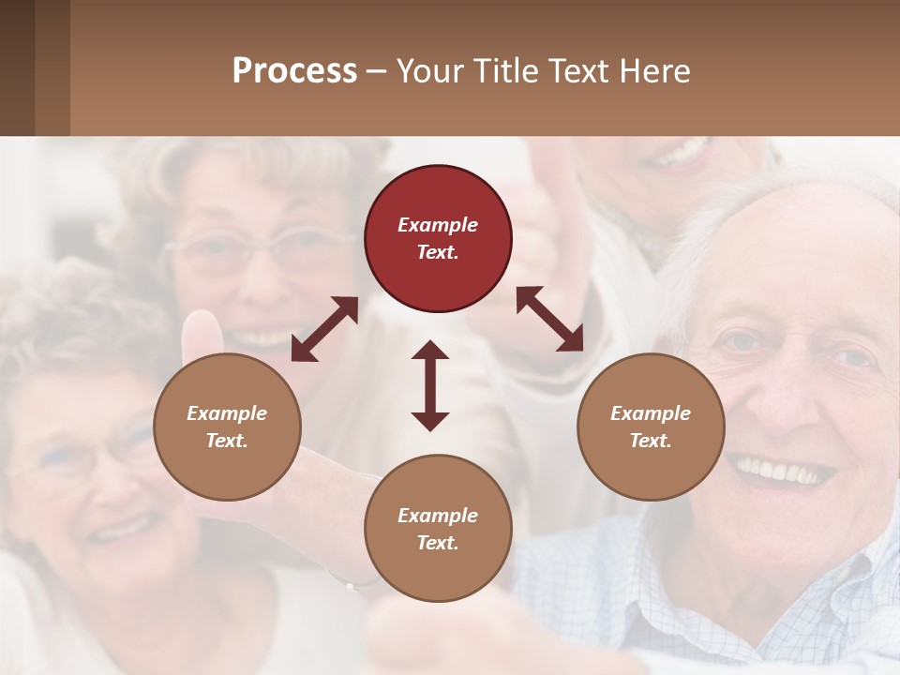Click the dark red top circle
[439, 238]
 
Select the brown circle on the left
[227, 427]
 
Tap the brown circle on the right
[651, 427]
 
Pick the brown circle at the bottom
[438, 529]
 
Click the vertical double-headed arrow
[430, 385]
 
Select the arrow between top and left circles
[324, 329]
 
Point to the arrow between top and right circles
[549, 319]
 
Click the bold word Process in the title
[294, 71]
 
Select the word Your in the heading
[430, 71]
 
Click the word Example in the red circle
[438, 225]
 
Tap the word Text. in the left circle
[227, 441]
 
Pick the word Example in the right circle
[651, 413]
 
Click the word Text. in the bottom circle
[438, 543]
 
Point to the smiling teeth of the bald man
[780, 470]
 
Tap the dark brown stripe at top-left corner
[17, 67]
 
